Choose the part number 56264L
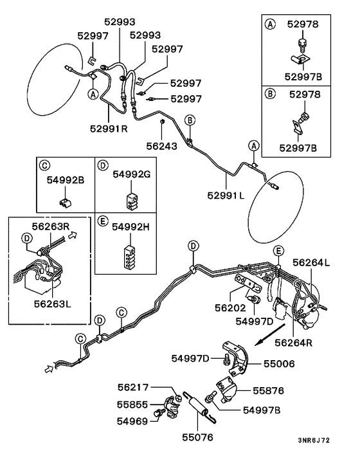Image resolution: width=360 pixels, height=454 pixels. coord(310,262)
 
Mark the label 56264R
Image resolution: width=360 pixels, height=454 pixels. coord(311,341)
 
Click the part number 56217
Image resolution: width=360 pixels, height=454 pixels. coord(133,387)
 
